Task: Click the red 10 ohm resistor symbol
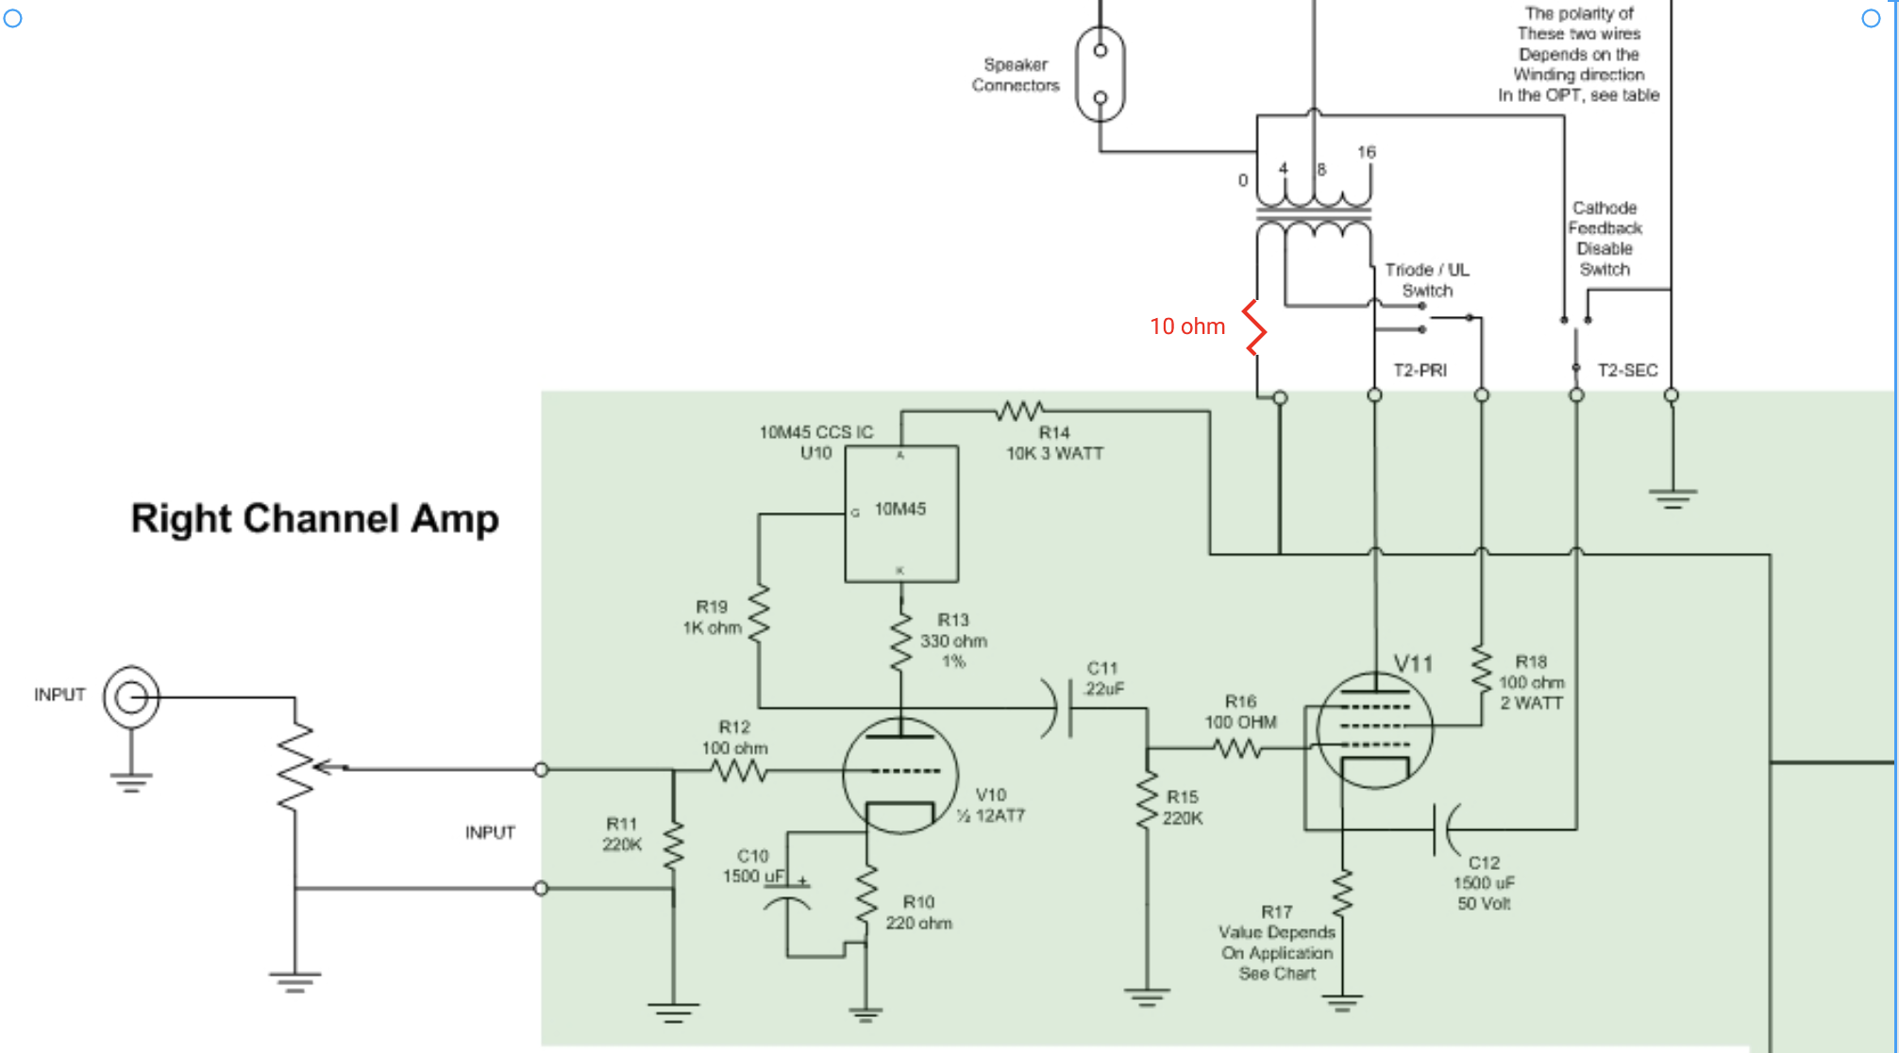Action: point(1254,327)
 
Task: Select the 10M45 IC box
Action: point(901,514)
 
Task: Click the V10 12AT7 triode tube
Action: point(900,774)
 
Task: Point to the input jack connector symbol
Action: point(131,697)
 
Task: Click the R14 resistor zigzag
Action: point(1020,411)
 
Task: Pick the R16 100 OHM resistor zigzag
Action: point(1237,749)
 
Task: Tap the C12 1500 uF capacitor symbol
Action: point(1444,830)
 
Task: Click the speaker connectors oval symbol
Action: point(1101,74)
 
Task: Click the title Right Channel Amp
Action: point(314,519)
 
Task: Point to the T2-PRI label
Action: point(1420,371)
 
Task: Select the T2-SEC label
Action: point(1627,371)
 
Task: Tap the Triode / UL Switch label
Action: point(1427,280)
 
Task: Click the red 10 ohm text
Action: point(1187,326)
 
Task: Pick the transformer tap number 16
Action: point(1367,152)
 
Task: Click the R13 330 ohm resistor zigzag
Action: point(901,642)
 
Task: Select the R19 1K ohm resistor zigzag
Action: point(759,614)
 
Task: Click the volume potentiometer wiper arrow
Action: point(330,768)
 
